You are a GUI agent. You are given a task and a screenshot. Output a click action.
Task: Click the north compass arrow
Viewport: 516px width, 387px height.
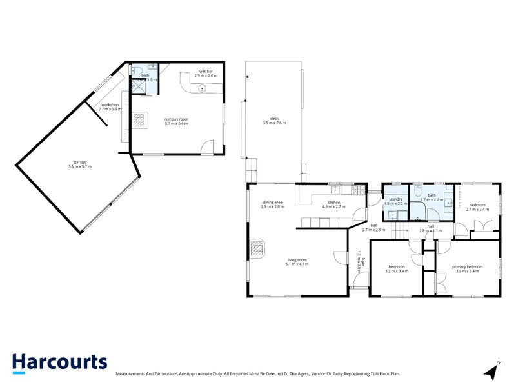click(492, 371)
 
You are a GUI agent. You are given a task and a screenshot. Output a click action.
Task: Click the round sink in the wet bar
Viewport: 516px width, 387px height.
click(202, 88)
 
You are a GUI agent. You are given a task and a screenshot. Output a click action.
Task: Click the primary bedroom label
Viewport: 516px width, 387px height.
click(468, 266)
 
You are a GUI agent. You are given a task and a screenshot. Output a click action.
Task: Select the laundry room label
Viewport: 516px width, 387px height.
click(395, 200)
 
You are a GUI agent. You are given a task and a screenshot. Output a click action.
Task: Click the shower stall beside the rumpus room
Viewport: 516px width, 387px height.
click(139, 86)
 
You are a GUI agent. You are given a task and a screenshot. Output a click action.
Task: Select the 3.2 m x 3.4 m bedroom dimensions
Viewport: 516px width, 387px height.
click(396, 271)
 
